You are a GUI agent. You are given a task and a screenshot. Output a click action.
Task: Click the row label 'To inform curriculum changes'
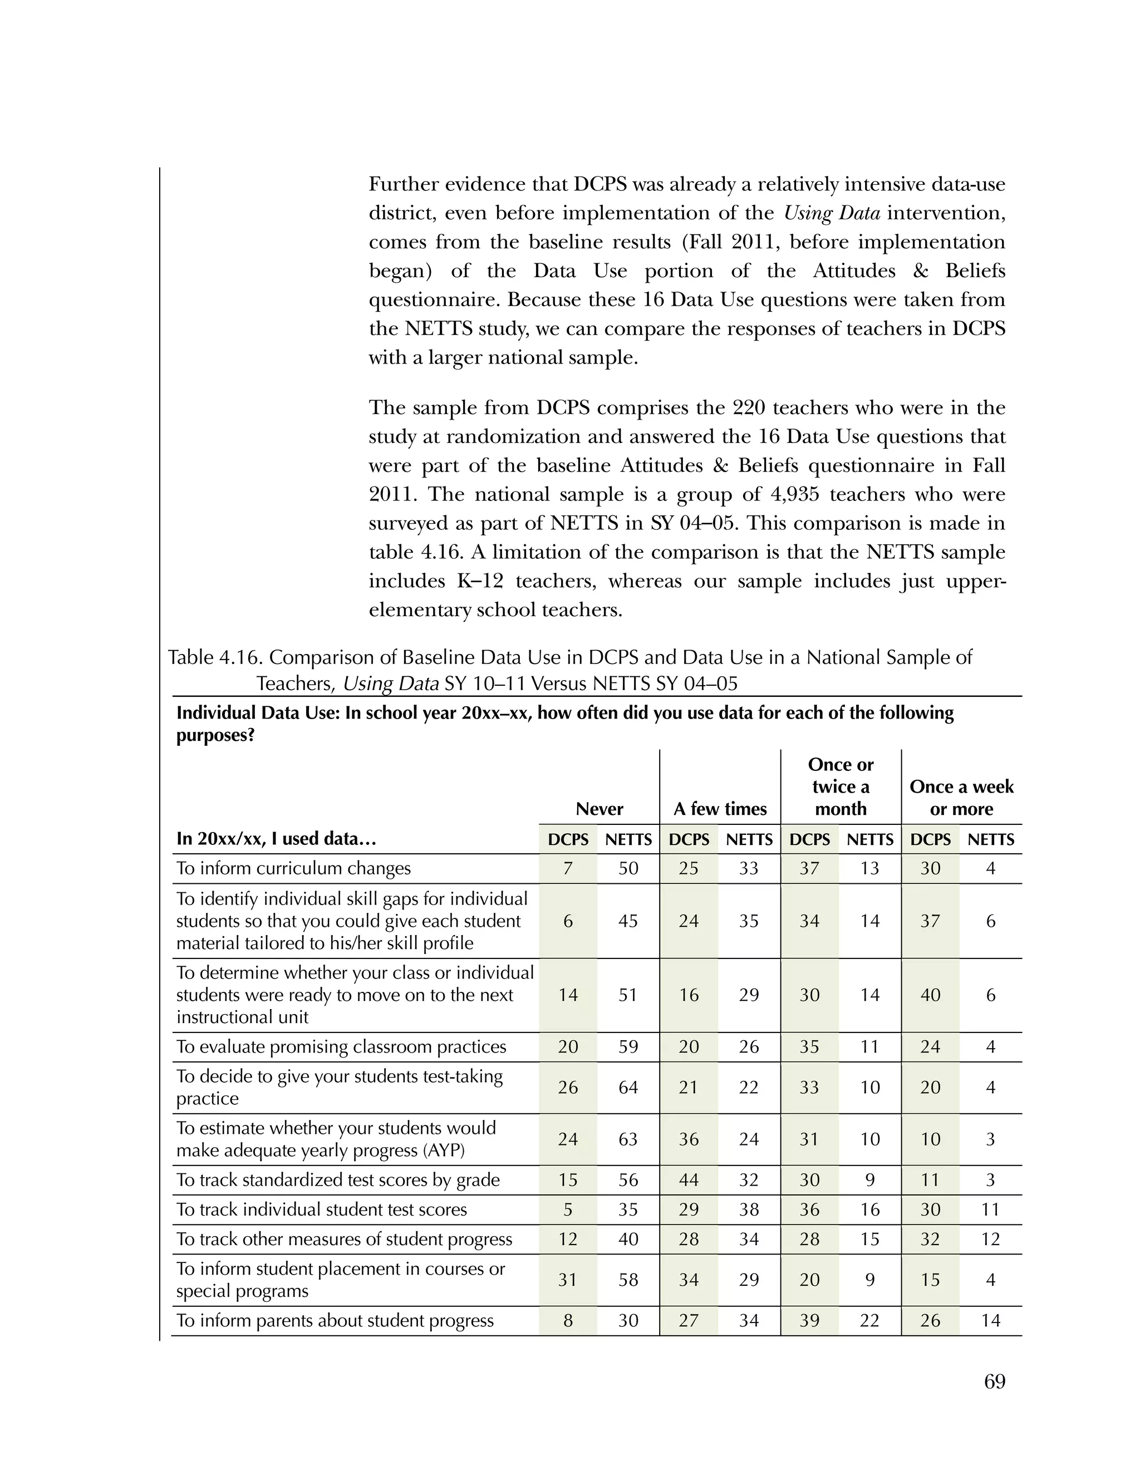293,868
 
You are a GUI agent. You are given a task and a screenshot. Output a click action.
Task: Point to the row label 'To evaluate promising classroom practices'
341,1047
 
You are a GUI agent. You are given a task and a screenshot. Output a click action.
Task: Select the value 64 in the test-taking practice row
628,1088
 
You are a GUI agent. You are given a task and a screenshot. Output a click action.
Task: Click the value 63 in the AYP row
628,1139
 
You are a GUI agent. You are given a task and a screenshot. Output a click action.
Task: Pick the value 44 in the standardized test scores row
688,1180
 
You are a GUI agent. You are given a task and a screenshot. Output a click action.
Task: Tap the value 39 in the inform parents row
809,1320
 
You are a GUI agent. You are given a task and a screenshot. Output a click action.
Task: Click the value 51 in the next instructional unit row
628,995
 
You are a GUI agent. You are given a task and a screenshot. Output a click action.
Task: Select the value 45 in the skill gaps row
628,921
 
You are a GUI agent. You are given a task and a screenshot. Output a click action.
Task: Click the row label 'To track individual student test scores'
322,1209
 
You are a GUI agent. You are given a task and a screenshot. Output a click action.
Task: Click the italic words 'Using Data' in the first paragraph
832,213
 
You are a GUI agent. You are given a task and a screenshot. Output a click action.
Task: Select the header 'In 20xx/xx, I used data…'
276,839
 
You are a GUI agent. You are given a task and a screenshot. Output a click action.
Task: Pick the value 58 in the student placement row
628,1280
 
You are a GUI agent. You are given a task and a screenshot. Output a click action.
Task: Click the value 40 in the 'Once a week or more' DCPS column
930,995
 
